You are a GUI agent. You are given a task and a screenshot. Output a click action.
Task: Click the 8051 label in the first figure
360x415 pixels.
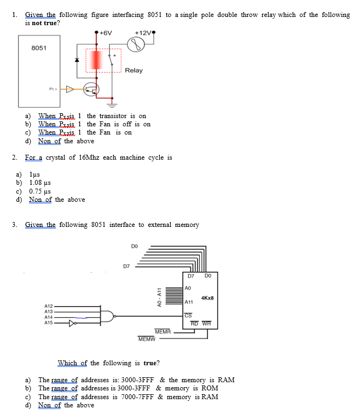[39, 48]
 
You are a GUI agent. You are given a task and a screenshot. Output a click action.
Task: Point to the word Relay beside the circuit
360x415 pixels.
[133, 71]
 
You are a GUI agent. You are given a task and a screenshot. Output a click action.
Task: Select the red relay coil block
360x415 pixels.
[97, 61]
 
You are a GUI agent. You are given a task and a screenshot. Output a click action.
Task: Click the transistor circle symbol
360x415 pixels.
[91, 89]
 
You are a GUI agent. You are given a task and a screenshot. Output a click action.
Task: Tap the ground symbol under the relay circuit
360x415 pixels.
[112, 102]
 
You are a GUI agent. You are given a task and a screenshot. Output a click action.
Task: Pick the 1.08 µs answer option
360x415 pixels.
[40, 183]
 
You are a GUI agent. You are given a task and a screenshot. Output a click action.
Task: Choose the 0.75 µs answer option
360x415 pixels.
[40, 191]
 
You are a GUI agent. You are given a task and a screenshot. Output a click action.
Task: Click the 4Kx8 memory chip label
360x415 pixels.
[207, 297]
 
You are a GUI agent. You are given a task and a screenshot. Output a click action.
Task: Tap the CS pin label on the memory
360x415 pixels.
[188, 314]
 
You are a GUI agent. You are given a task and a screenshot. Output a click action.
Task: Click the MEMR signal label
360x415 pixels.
[162, 331]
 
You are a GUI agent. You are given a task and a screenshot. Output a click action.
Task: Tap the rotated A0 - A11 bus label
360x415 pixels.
[159, 299]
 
